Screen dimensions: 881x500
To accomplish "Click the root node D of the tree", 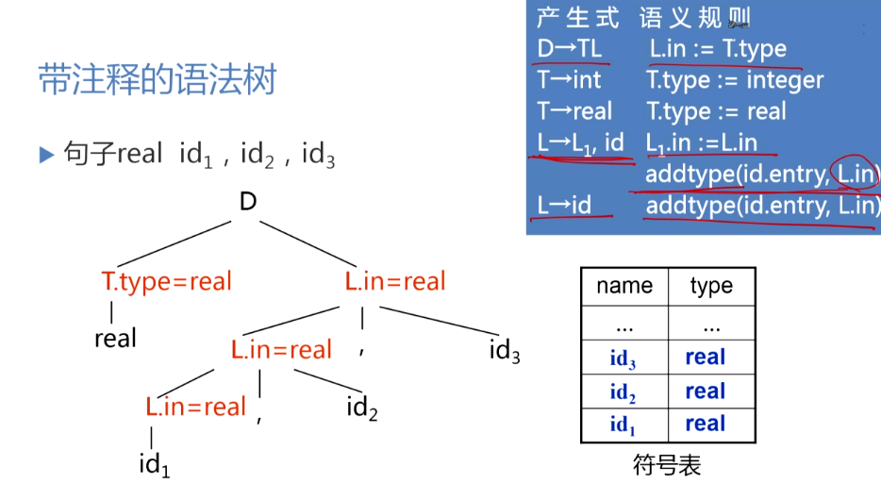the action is (x=248, y=201).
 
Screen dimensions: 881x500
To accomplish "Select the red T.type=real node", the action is (x=166, y=281).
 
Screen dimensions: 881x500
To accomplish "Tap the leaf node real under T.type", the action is (x=115, y=339).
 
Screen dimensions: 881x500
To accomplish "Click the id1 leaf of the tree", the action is (x=155, y=464).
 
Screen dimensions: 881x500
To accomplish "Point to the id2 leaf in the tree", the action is (x=362, y=408).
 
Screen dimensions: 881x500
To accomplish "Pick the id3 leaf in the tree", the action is (x=505, y=352).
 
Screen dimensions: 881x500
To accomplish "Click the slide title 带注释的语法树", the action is (x=157, y=79).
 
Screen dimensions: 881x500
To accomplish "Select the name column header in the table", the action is (x=623, y=287).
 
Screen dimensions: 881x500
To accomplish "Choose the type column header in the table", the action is (x=710, y=287).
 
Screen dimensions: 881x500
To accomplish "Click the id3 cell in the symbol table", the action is (x=623, y=358).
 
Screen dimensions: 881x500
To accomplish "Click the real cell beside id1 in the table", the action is (x=706, y=424).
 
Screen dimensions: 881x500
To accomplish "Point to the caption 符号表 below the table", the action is (x=667, y=465).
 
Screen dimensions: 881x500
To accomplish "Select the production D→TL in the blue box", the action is (x=569, y=48).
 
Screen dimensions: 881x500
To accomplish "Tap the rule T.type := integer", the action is (x=735, y=80).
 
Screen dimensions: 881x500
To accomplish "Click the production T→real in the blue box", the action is (x=574, y=111).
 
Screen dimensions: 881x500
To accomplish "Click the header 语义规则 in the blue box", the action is (x=696, y=17).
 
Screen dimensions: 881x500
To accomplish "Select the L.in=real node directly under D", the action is (x=395, y=281).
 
